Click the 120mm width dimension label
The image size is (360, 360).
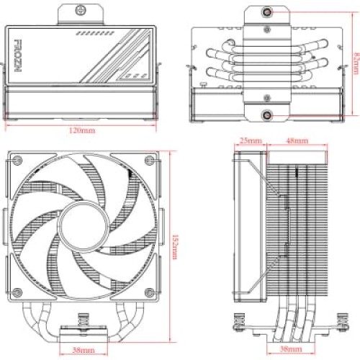[82, 130]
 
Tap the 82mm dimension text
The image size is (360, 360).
[356, 63]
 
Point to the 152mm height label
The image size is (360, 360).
[175, 247]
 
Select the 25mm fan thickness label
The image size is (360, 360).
[251, 140]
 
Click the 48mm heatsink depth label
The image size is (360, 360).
[297, 140]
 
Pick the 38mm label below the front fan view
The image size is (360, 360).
[84, 350]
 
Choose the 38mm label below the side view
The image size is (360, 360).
[291, 348]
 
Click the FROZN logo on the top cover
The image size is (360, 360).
[18, 55]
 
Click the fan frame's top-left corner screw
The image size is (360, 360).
[17, 160]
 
